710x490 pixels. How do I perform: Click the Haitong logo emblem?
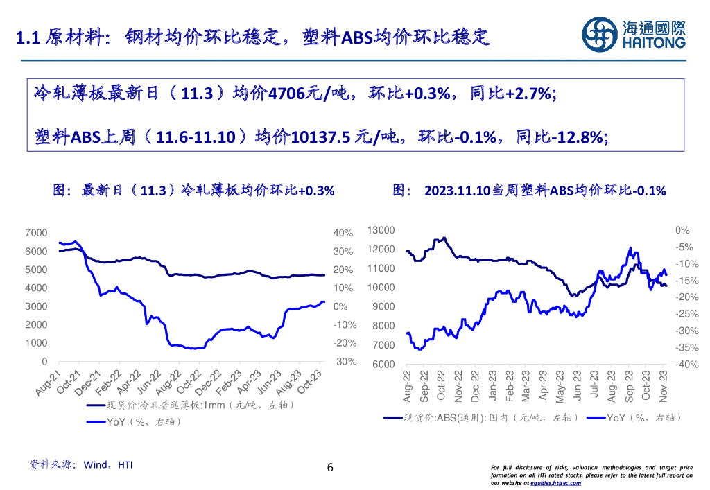[599, 33]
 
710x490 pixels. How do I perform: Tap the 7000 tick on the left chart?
[36, 233]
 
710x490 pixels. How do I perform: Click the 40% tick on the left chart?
[343, 233]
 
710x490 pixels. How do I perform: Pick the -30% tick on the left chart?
[345, 362]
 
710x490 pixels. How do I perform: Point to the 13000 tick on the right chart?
[381, 230]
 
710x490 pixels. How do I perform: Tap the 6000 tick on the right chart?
[383, 365]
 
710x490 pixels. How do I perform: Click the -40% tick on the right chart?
[682, 365]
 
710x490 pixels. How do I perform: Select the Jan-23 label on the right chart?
[491, 384]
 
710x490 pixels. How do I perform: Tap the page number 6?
[330, 468]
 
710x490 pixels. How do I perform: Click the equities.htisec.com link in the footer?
[551, 483]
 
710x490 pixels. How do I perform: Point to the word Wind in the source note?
[95, 465]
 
